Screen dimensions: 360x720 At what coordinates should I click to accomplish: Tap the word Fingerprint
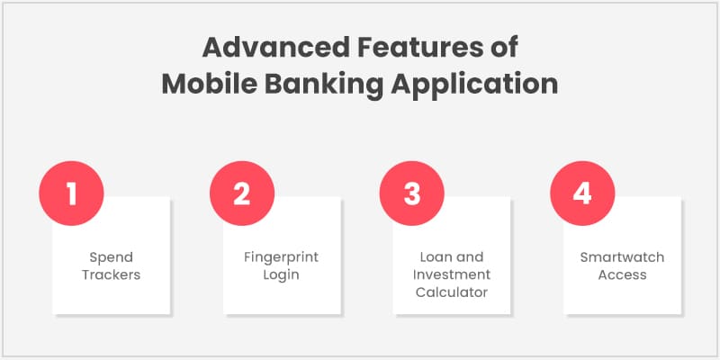coord(281,257)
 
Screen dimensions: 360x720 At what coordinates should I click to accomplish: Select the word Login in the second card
coord(281,274)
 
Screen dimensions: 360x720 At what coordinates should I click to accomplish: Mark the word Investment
coord(452,274)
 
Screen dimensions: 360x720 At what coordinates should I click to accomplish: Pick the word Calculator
coord(452,292)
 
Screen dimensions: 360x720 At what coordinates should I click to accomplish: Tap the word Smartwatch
coord(622,257)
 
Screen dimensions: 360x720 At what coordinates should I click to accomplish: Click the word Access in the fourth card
coord(622,274)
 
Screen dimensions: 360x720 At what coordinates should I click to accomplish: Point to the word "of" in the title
coord(503,47)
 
